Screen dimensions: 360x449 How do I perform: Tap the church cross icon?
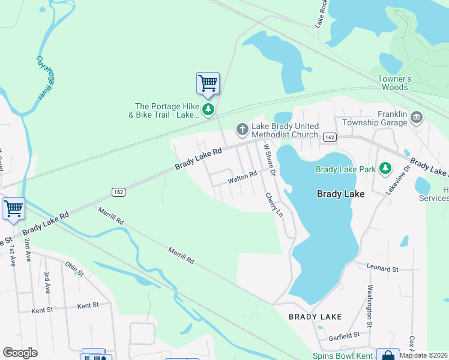[242, 129]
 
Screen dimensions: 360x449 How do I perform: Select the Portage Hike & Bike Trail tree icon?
[208, 109]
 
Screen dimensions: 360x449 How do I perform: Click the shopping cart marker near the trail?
[208, 83]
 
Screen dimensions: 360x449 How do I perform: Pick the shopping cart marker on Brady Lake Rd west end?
[13, 209]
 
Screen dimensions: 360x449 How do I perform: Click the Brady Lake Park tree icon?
[385, 169]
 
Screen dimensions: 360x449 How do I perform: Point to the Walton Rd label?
[242, 175]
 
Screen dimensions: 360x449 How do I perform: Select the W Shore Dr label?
[268, 159]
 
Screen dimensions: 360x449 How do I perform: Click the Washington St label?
[367, 306]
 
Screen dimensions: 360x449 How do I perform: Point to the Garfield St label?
[339, 335]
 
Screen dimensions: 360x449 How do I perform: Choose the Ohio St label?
[75, 269]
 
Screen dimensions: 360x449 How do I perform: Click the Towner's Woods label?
[394, 83]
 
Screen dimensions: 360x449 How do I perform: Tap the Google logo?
[20, 353]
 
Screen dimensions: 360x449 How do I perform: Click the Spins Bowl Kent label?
[343, 356]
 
